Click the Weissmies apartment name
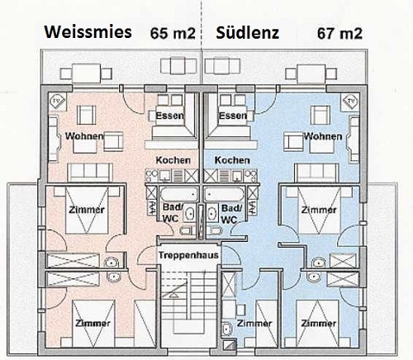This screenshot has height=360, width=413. [88, 32]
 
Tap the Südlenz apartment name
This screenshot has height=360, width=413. [248, 33]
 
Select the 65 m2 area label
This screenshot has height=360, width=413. [173, 34]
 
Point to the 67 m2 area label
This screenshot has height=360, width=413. [339, 34]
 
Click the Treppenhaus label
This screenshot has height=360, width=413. [188, 255]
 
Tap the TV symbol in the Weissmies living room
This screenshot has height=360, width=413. [58, 102]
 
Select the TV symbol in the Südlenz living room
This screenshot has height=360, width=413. [350, 102]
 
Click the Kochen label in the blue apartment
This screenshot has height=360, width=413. [232, 160]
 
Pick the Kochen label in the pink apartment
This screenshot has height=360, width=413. [173, 160]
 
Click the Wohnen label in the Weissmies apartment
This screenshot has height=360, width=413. [84, 136]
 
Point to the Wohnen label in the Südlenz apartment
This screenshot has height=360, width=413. [323, 136]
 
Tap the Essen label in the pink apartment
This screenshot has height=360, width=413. [169, 116]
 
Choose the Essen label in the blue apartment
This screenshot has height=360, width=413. [233, 116]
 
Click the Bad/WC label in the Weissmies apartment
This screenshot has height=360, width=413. [172, 213]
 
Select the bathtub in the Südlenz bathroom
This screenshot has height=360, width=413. [224, 194]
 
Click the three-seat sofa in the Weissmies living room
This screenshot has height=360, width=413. [90, 173]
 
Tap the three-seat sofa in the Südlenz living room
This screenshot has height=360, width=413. [316, 173]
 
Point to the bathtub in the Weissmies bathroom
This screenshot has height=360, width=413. [179, 194]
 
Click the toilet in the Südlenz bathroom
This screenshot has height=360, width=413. [215, 230]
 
